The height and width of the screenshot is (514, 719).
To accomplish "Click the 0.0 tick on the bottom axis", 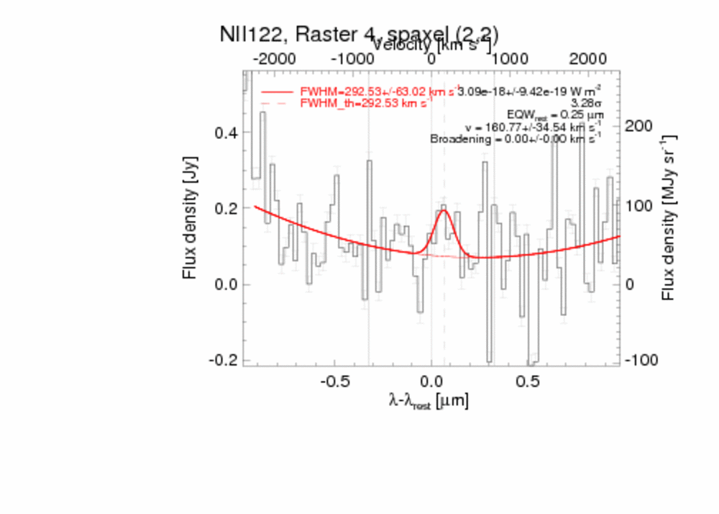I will tap(431, 380).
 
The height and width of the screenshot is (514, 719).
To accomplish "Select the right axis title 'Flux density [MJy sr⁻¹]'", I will tap(669, 216).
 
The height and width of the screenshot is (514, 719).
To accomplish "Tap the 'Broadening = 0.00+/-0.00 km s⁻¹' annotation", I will tap(516, 139).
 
